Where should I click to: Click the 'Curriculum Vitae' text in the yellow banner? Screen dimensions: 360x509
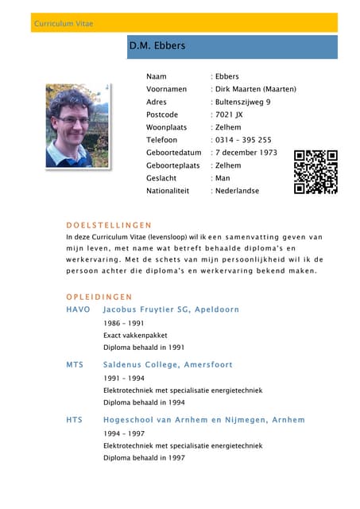64,24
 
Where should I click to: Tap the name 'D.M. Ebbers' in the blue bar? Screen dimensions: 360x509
157,46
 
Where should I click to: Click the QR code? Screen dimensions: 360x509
315,172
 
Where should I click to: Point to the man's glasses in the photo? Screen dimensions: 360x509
73,119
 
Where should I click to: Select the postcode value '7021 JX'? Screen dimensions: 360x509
230,115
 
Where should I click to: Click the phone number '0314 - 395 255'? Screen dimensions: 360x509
243,140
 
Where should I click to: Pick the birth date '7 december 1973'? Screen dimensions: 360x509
246,153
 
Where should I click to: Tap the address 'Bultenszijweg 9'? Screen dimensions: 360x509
243,102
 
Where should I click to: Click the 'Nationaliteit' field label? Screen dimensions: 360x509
169,191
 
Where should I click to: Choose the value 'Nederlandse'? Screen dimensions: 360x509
237,191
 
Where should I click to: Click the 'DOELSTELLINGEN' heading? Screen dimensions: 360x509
109,225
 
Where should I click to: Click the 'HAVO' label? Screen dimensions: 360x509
79,309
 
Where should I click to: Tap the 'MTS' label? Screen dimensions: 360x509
75,364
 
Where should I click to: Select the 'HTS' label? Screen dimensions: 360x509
75,420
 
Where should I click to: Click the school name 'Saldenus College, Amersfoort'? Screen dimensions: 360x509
168,364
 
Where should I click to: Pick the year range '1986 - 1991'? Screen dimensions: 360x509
123,324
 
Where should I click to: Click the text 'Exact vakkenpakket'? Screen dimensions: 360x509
136,336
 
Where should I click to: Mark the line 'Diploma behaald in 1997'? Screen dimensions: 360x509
144,458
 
